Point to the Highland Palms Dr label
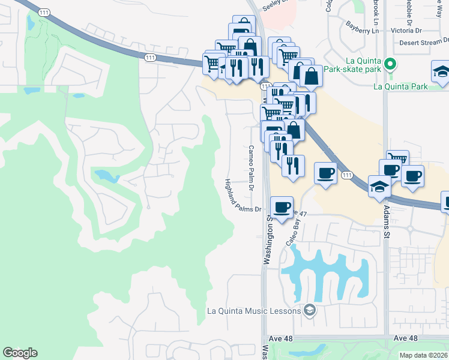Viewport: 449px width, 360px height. point(243,196)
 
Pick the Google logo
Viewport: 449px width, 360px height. point(20,353)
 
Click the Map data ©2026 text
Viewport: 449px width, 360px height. point(423,355)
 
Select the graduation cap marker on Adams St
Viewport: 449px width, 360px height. point(379,186)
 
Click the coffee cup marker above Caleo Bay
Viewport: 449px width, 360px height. point(326,173)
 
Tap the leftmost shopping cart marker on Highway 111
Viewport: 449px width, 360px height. point(212,63)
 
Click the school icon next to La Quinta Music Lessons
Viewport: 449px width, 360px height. point(310,310)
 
